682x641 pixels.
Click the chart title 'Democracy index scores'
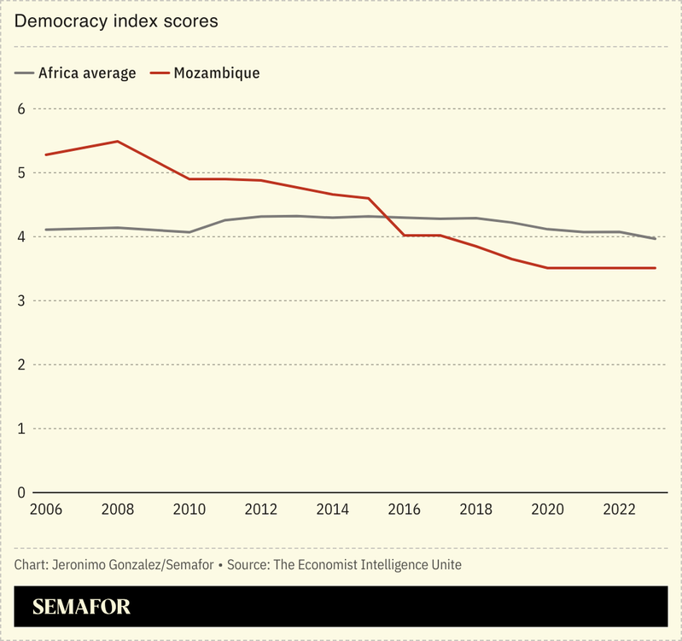tap(116, 21)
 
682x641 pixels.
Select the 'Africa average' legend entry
tap(86, 73)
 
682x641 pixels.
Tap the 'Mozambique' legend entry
tap(216, 73)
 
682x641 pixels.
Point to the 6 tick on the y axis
tap(21, 108)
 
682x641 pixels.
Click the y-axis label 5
tap(21, 172)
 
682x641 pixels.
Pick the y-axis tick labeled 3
tap(21, 300)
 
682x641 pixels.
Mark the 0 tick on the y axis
tap(21, 492)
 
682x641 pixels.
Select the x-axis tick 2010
tap(189, 510)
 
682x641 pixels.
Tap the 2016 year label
tap(404, 510)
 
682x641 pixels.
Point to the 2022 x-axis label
tap(619, 510)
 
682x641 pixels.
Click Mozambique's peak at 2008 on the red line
tap(117, 141)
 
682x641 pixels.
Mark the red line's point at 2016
tap(404, 235)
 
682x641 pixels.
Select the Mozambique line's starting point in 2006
tap(45, 154)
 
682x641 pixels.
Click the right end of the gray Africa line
tap(655, 238)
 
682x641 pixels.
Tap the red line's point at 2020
tap(547, 268)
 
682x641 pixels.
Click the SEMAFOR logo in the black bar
tap(81, 607)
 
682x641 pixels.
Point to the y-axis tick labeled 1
tap(21, 428)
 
